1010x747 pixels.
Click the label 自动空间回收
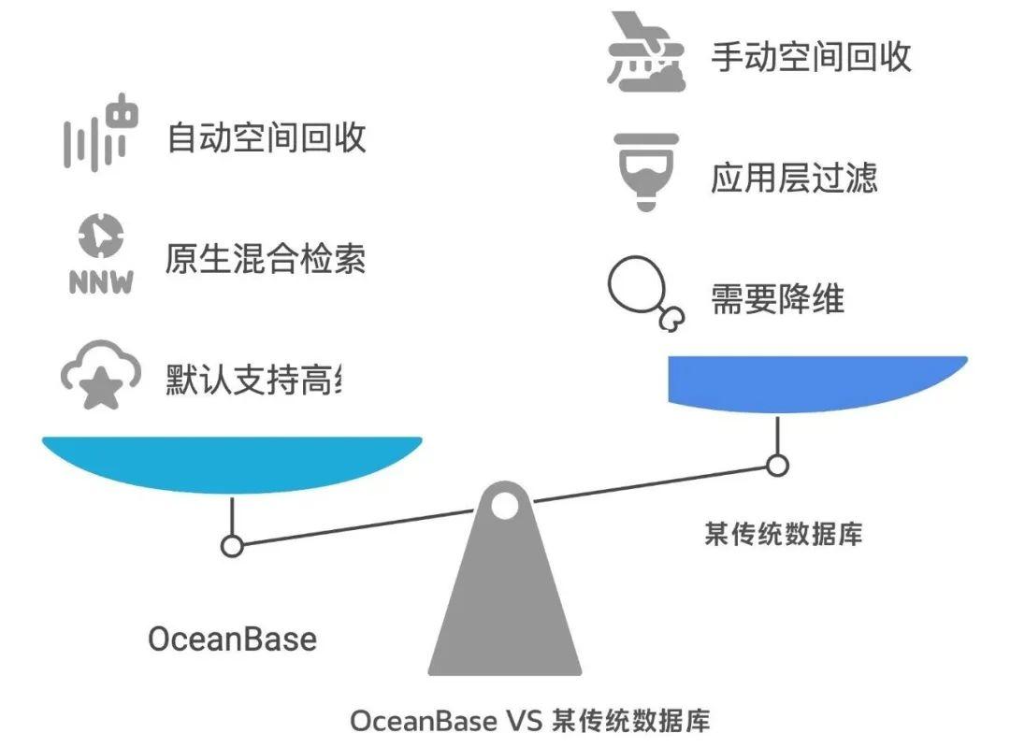coord(266,138)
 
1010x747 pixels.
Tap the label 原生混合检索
coord(266,259)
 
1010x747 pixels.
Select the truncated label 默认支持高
coord(253,381)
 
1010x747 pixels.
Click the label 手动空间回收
coord(811,57)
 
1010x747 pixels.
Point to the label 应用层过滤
coord(794,178)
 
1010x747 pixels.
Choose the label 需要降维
coord(777,299)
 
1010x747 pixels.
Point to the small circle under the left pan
coord(232,545)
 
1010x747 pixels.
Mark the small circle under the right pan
coord(776,465)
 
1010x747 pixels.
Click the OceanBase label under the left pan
coord(232,639)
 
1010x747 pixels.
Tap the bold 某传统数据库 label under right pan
coord(783,534)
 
